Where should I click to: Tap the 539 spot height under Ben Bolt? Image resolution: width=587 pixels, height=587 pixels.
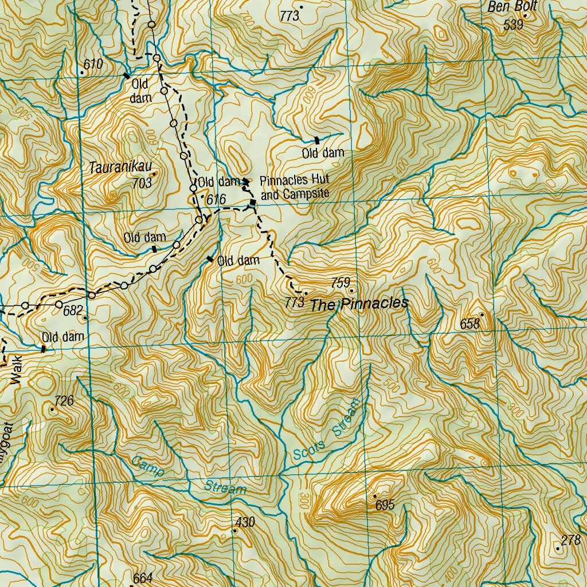pos(513,25)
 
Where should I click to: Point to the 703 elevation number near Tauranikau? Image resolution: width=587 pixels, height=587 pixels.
pos(142,183)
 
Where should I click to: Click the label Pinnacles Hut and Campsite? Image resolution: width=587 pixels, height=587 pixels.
pos(295,187)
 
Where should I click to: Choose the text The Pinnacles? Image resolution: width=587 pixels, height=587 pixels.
pos(359,304)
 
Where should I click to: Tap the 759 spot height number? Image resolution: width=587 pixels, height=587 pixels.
pos(341,283)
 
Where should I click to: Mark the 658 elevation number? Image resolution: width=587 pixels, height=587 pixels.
pos(469,324)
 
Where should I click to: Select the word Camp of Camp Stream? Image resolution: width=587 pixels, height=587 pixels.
pos(147,465)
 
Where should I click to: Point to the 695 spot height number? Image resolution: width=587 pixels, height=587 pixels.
pos(385,505)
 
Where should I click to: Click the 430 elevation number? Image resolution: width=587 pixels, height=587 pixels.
pos(245,522)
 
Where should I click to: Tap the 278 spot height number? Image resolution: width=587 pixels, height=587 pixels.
pos(570,539)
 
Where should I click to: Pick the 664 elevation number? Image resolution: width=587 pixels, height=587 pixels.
pos(142,578)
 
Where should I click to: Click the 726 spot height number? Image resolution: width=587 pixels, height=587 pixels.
pos(64,401)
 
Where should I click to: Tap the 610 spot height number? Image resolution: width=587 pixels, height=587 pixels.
pos(93,64)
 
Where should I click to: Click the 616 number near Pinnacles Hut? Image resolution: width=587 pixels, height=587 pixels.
pos(217,198)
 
